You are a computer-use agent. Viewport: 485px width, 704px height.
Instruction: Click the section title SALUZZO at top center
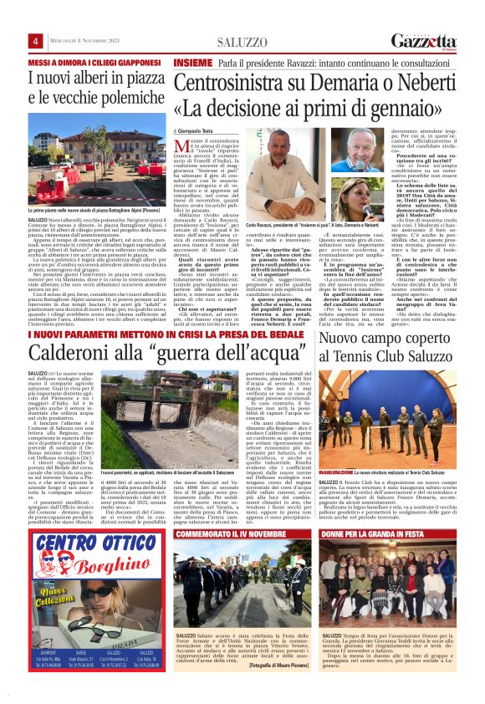pyautogui.click(x=242, y=42)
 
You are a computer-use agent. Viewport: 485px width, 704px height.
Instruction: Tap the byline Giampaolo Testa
pyautogui.click(x=197, y=132)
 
